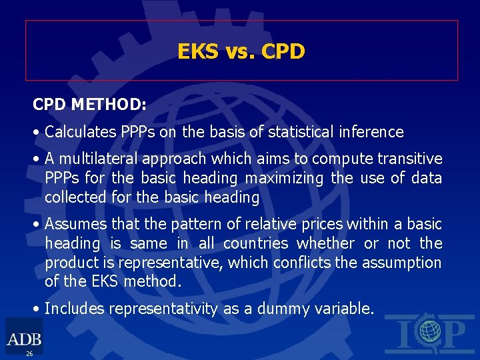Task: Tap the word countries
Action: pos(256,243)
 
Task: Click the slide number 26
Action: pos(29,353)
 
